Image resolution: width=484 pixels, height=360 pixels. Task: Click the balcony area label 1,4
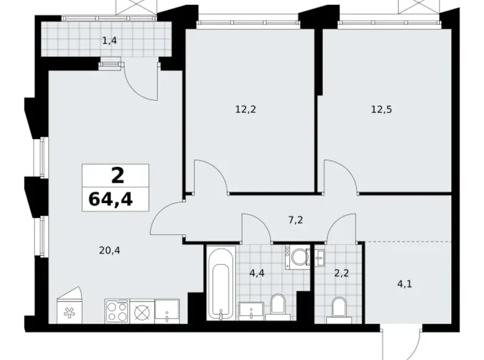[110, 40]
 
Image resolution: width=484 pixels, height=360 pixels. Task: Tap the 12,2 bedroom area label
[246, 109]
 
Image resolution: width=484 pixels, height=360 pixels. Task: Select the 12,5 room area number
[382, 109]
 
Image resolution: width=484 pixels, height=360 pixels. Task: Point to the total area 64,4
[110, 199]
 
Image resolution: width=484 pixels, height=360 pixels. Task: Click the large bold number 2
[118, 176]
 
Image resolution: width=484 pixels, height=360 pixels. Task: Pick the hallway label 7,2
[295, 220]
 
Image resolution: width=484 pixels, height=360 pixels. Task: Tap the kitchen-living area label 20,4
[110, 250]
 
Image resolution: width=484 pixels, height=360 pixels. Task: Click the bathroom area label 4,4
[257, 273]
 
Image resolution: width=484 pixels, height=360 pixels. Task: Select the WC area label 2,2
[341, 273]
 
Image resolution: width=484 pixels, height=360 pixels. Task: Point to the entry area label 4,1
[405, 284]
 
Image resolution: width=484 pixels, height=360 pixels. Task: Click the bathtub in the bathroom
[221, 283]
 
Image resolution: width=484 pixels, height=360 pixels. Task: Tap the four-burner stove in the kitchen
[117, 311]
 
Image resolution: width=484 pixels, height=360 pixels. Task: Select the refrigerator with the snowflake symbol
[69, 305]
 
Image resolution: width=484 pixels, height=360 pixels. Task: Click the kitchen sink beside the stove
[167, 311]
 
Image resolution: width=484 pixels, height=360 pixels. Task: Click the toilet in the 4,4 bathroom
[278, 307]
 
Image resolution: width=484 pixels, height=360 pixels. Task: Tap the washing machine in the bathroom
[297, 255]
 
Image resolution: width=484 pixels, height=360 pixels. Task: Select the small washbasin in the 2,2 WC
[320, 258]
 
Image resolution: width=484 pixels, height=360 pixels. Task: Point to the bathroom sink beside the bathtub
[251, 311]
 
